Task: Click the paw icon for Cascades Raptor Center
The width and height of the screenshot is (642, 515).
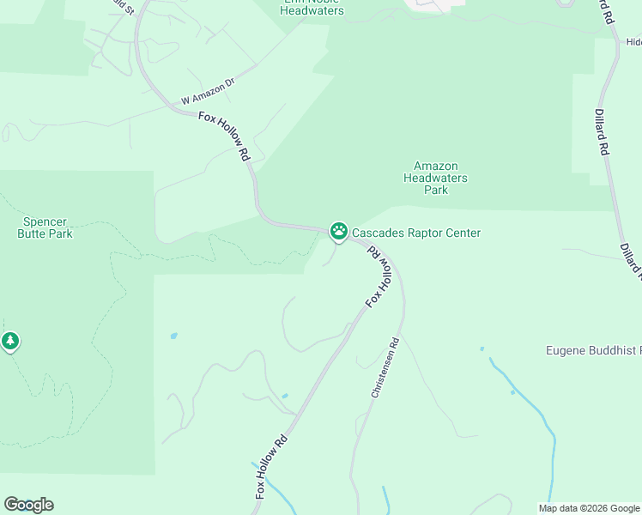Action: [339, 231]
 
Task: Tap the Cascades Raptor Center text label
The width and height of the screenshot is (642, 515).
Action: [416, 233]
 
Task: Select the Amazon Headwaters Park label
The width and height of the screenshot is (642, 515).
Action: [435, 178]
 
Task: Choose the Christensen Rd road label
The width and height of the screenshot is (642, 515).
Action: [385, 366]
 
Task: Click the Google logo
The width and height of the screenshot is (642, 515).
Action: [28, 505]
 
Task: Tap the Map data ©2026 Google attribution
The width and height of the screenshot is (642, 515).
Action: [590, 508]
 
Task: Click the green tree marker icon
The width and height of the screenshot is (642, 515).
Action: [10, 342]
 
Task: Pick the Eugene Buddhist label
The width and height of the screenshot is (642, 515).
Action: [593, 350]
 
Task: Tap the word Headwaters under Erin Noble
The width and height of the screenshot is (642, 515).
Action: [312, 11]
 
